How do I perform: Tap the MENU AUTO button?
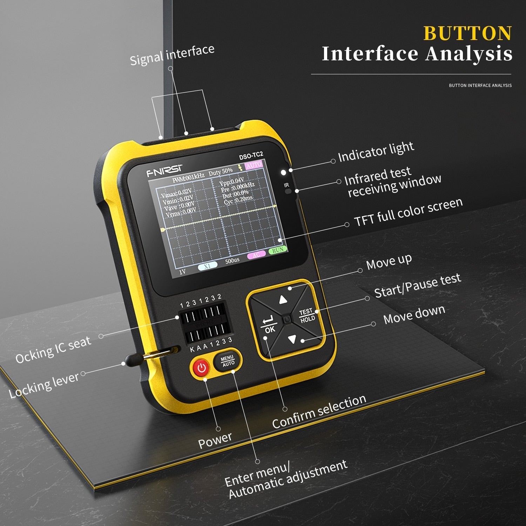228,361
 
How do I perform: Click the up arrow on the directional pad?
283,300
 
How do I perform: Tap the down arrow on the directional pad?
292,339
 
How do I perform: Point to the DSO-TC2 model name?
251,155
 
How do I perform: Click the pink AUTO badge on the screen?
254,165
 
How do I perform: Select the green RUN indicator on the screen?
278,250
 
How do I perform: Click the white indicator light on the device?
283,173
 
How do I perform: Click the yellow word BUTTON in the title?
467,34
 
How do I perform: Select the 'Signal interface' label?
172,55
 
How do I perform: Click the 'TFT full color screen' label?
408,212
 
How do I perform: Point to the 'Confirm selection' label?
319,411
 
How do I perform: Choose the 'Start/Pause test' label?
417,285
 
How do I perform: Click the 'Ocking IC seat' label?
53,350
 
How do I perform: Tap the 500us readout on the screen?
232,261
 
